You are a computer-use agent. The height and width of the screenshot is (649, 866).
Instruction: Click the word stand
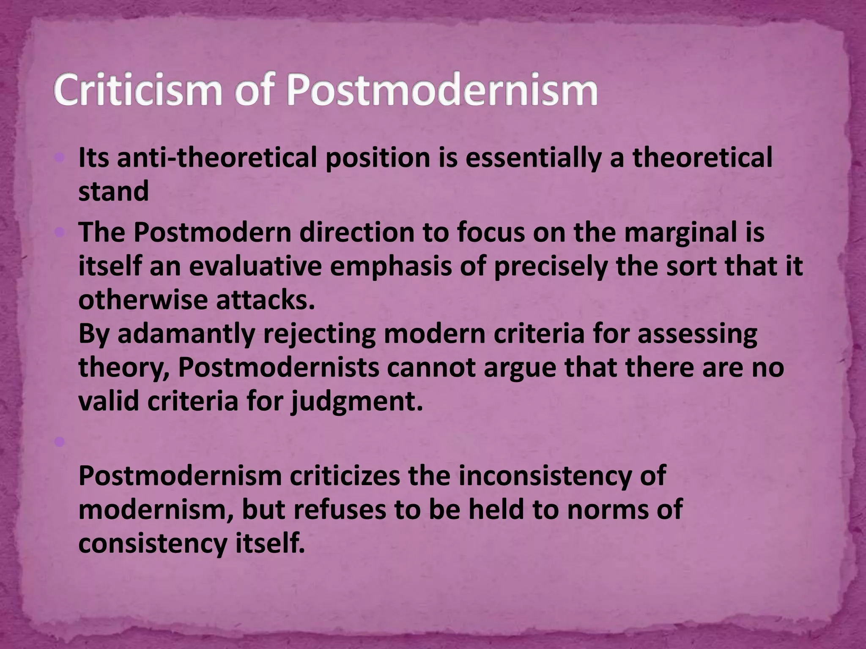coord(113,191)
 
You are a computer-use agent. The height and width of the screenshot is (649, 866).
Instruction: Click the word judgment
coord(356,402)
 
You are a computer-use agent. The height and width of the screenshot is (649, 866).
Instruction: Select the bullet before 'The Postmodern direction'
coord(59,232)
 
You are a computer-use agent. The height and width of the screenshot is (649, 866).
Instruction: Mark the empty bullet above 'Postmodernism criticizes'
coord(59,442)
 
